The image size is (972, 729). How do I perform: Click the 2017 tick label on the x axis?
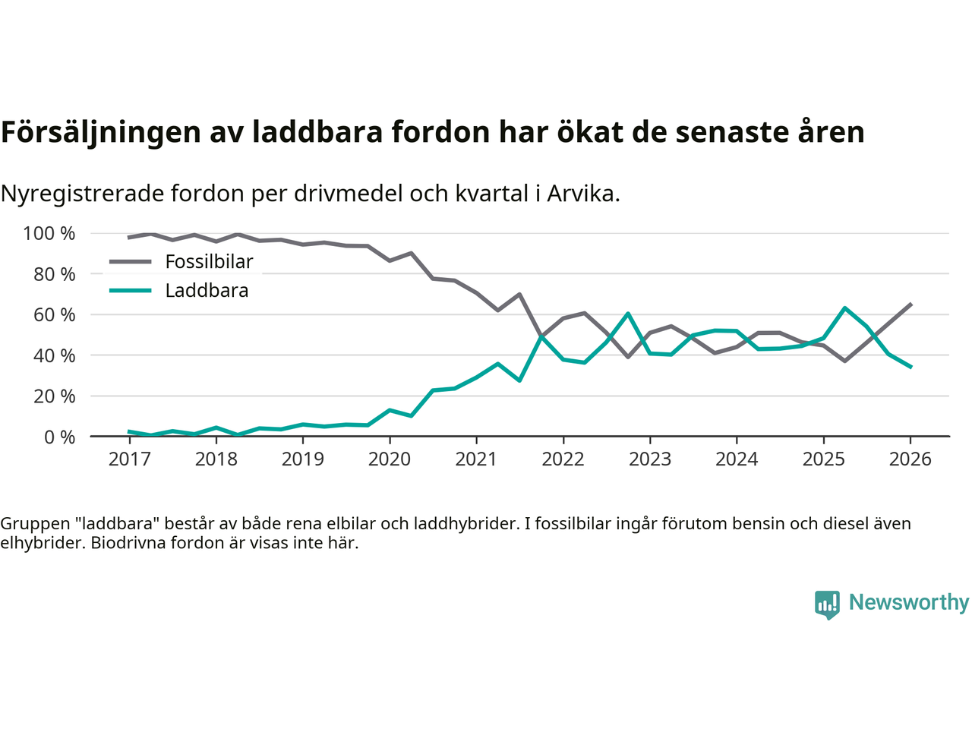point(129,459)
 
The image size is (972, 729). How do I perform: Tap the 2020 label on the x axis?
point(390,459)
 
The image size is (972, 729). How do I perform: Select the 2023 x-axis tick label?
point(650,459)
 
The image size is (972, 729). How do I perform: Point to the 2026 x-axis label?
point(910,459)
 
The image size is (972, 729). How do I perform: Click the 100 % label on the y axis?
point(49,233)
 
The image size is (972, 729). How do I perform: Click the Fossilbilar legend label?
point(209,262)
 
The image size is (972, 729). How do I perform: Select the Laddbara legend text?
point(207,291)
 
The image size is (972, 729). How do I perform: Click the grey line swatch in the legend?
point(131,262)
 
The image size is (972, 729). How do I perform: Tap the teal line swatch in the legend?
point(131,291)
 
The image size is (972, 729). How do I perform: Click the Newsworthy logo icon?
point(827,604)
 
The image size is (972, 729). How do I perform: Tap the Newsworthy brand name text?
point(908,602)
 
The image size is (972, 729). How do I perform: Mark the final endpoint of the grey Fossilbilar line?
point(910,304)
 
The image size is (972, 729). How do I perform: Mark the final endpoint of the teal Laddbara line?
point(910,367)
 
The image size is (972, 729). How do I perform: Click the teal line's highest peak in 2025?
point(845,308)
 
